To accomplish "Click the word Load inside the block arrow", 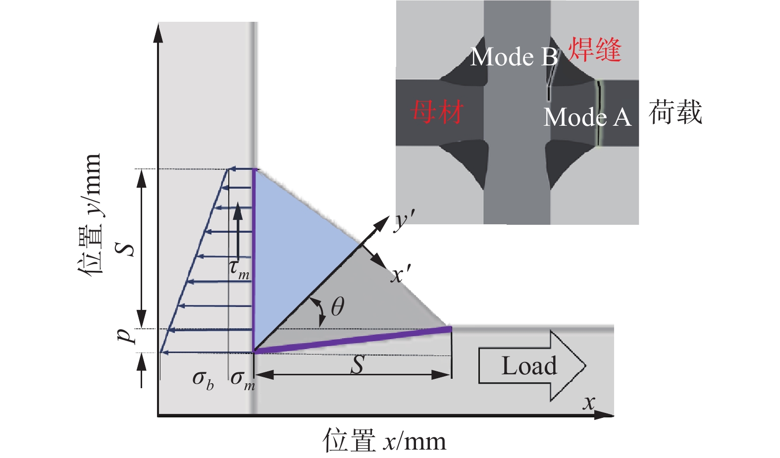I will (529, 366).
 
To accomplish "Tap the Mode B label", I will (514, 57).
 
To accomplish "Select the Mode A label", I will (587, 117).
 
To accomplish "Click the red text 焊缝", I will (594, 50).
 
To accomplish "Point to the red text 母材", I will (437, 111).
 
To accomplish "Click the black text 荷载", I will (675, 112).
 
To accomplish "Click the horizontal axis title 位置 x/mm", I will (384, 441).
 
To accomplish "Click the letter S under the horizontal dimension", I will (357, 365).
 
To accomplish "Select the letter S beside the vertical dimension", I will (125, 249).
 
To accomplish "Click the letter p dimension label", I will (125, 335).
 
